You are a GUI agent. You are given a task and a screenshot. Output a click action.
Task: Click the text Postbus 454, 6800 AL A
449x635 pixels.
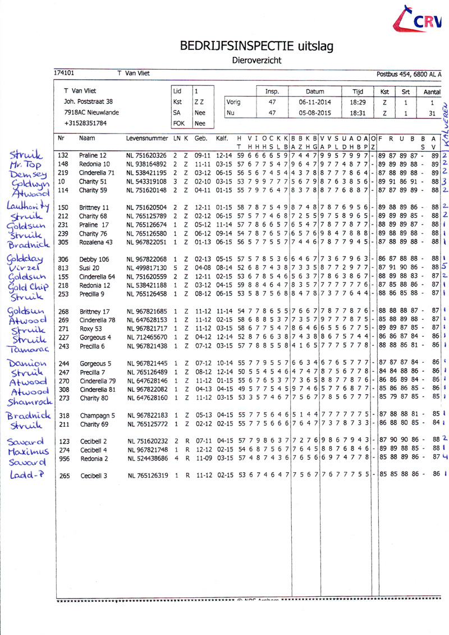pyautogui.click(x=409, y=74)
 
